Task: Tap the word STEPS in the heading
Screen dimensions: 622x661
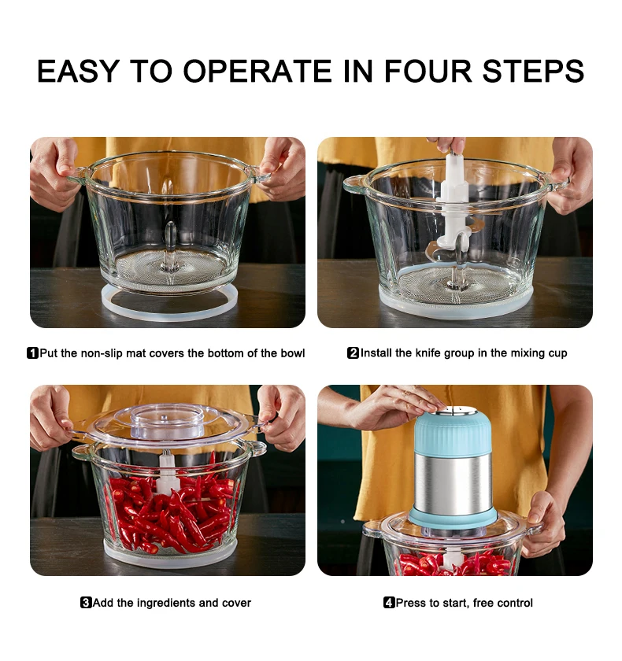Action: (x=533, y=71)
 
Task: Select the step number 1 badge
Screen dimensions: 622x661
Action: (x=32, y=353)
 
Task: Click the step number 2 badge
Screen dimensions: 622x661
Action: (x=353, y=353)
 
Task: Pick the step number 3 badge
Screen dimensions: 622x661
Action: (x=86, y=603)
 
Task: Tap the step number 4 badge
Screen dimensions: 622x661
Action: (x=389, y=603)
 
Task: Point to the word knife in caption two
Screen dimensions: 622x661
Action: (x=429, y=353)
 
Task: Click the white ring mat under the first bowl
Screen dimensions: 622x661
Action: (x=169, y=305)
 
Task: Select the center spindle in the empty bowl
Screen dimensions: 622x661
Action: (x=170, y=246)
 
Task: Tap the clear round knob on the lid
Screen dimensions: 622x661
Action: (x=168, y=422)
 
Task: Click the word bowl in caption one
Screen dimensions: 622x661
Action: (x=293, y=353)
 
